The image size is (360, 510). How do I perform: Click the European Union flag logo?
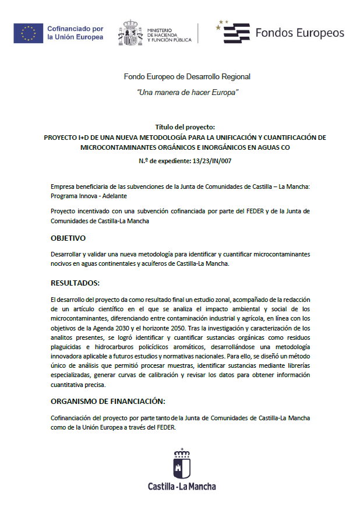[x=28, y=33]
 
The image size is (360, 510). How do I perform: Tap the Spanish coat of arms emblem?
[x=130, y=33]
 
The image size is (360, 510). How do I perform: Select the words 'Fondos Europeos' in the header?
[x=299, y=33]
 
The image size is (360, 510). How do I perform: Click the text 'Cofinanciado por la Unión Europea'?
[x=75, y=33]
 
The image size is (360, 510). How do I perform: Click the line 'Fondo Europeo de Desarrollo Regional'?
[x=186, y=76]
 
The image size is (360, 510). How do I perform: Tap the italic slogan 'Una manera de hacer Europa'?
[x=187, y=93]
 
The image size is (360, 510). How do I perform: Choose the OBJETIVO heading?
[x=68, y=238]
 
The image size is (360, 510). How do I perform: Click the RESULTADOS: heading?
[x=75, y=283]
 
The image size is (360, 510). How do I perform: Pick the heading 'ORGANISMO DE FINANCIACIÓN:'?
[x=108, y=401]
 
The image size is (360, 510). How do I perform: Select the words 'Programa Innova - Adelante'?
[x=84, y=196]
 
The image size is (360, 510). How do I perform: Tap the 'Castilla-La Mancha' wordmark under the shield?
[x=181, y=486]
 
